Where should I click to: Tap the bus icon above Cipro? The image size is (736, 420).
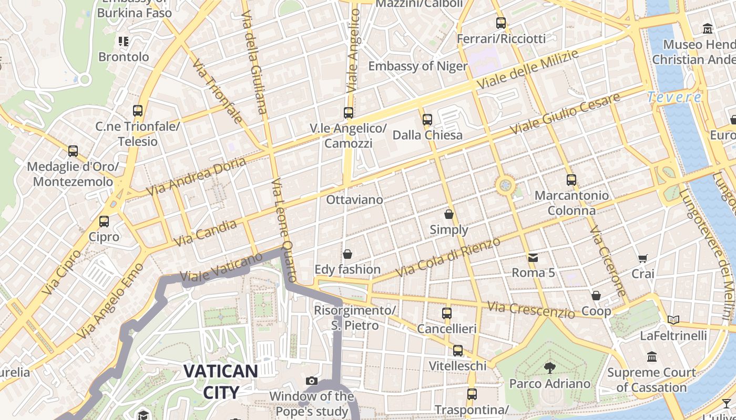coord(104,222)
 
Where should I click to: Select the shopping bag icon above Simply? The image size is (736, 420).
coord(449,214)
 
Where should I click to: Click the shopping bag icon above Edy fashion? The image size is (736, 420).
coord(347,255)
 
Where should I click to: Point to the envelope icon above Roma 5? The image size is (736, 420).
coord(533,258)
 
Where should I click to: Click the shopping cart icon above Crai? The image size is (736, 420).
coord(642,258)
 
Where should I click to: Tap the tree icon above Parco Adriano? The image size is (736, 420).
coord(549,367)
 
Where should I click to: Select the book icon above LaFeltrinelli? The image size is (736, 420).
coord(673,320)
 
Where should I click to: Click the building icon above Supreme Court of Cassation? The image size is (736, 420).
coord(652,357)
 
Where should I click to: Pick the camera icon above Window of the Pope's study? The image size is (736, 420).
coord(312,381)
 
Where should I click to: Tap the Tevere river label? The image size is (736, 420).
coord(674,97)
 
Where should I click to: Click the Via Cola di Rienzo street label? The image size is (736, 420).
coord(448,257)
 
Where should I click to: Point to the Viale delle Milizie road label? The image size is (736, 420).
coord(527,69)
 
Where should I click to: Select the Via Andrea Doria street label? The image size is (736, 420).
coord(196,176)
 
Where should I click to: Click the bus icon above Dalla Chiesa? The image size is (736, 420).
coord(427,120)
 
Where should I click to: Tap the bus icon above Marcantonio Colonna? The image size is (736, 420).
coord(571,180)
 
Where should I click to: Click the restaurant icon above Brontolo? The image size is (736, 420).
coord(124,41)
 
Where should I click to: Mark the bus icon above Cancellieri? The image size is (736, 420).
coord(447,313)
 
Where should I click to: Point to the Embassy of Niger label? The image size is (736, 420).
coord(417,66)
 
